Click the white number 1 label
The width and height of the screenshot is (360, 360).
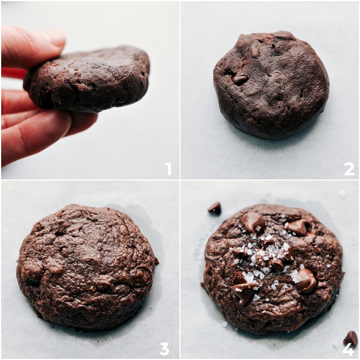coord(169,169)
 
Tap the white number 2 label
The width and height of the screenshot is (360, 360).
coord(349,169)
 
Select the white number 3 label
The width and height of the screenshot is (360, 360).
coord(164,349)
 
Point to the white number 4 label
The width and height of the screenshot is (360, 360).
coord(348,349)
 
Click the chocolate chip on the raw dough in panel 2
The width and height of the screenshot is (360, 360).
coord(240,79)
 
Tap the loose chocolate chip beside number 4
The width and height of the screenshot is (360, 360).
coord(351,338)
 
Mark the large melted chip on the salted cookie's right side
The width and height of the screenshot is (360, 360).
coord(306,280)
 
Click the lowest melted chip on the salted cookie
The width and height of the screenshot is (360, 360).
coord(244,292)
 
